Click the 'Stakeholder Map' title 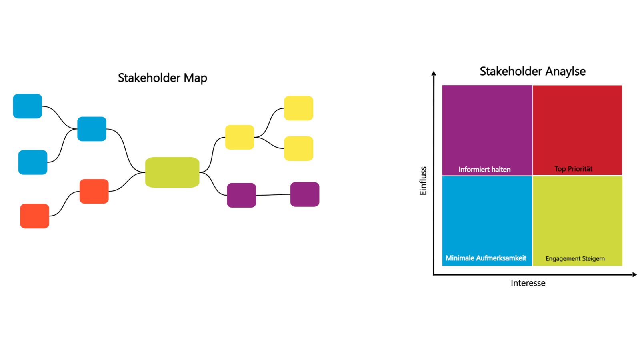(162, 78)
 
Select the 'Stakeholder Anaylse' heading (532, 71)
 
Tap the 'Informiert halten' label (484, 169)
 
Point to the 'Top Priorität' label (573, 169)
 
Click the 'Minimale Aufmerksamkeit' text (486, 258)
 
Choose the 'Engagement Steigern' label (575, 258)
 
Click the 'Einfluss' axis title (423, 181)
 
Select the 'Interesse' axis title (528, 283)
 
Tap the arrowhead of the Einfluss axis (434, 73)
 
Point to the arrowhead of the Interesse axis (634, 274)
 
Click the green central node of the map (172, 172)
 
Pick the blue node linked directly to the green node (92, 129)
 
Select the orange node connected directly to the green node (94, 191)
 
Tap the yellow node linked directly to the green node (239, 137)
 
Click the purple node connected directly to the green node (241, 195)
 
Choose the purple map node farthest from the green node (304, 194)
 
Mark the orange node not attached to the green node (34, 216)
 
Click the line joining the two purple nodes (273, 195)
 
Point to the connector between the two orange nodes (64, 204)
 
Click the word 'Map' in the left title (195, 78)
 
